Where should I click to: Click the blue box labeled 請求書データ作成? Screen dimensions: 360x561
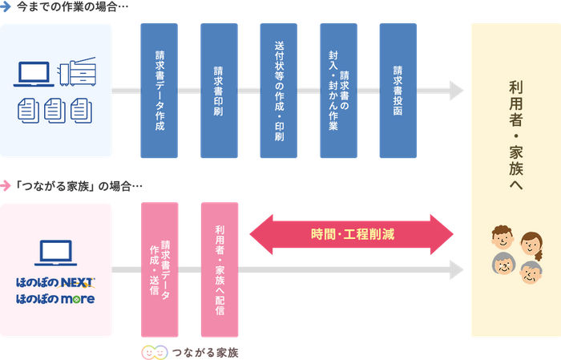pos(159,90)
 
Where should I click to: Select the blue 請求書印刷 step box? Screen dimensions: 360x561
pos(219,90)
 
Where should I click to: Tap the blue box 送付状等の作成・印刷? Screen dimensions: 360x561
pos(279,90)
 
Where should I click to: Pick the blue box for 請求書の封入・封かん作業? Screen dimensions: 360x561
pos(338,90)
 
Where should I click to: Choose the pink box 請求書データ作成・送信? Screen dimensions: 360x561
pos(159,269)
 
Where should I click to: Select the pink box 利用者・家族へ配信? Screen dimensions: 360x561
pos(219,269)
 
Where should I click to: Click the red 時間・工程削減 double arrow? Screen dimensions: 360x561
pos(352,235)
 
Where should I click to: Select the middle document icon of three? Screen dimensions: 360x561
pos(55,108)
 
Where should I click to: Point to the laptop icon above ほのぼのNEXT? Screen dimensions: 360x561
pos(55,253)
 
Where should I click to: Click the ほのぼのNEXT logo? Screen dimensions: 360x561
pos(55,283)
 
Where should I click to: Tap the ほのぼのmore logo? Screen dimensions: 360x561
pos(55,299)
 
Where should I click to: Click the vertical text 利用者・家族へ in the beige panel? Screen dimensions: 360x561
pos(515,136)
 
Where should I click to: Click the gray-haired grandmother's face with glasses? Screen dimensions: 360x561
pos(503,265)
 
